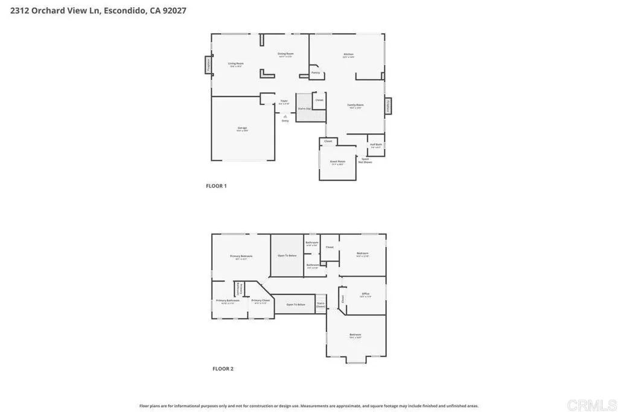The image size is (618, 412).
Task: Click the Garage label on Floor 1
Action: (x=242, y=128)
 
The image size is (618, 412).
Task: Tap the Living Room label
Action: (x=235, y=64)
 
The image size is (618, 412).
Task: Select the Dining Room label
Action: (x=285, y=54)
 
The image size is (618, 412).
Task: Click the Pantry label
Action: (x=316, y=72)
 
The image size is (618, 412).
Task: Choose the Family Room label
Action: (x=355, y=106)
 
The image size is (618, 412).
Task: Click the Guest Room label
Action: (x=337, y=162)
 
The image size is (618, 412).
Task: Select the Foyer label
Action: (x=284, y=101)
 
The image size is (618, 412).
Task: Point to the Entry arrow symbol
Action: (x=285, y=116)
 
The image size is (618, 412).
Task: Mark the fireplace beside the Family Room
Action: (x=388, y=105)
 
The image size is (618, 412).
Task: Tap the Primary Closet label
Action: (x=261, y=300)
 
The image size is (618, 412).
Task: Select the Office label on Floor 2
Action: (x=366, y=294)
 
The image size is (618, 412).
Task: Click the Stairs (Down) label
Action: (x=320, y=305)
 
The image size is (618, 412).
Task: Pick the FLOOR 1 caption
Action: (x=216, y=186)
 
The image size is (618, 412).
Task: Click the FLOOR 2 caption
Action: (x=222, y=369)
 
